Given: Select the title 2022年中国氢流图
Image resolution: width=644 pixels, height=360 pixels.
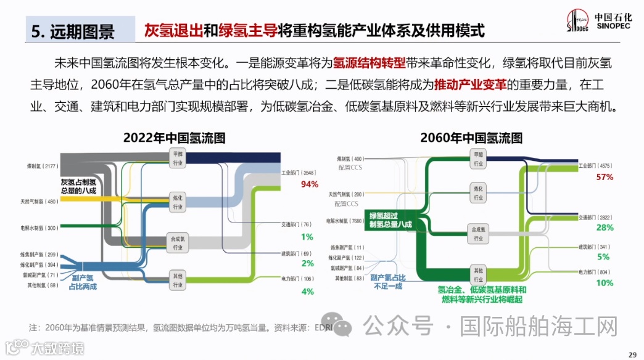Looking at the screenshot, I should (174, 137).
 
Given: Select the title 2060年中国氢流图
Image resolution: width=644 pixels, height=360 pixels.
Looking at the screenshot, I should (471, 137).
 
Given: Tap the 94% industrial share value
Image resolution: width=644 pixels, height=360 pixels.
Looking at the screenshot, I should (309, 184).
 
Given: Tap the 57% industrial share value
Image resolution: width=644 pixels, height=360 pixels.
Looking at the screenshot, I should (605, 177).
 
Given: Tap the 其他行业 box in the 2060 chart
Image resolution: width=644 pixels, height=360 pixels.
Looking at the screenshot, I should (478, 274).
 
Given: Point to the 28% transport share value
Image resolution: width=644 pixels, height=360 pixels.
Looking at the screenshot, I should (605, 228).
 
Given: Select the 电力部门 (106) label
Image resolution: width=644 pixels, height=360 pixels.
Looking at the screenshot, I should (299, 279).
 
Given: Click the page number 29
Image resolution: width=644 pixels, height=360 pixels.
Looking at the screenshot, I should (632, 354).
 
